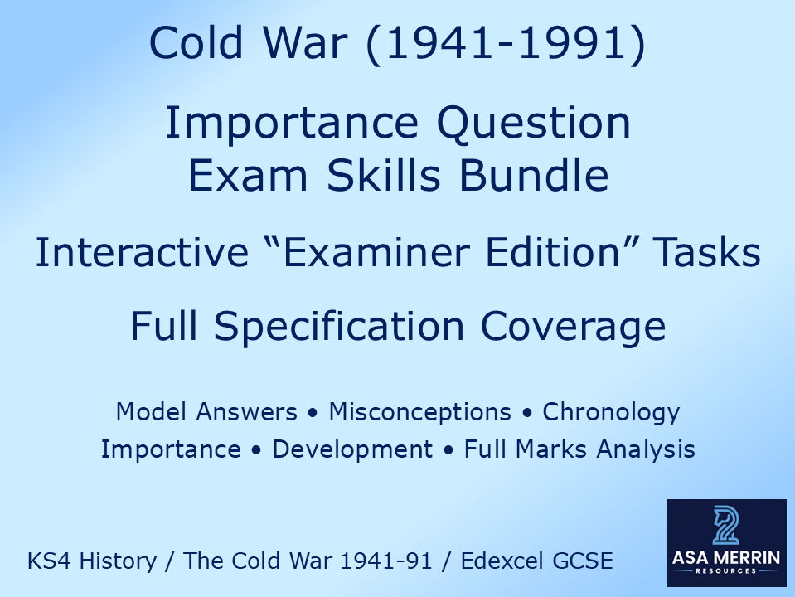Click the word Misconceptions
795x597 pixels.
pos(419,411)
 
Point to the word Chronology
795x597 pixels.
pos(611,411)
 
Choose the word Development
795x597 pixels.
pos(352,449)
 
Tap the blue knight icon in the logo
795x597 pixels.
pos(726,525)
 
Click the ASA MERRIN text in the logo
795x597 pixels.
pos(726,558)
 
